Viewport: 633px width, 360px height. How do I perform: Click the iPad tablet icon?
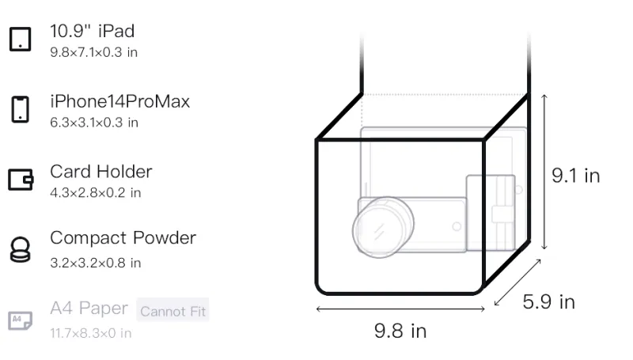(21, 39)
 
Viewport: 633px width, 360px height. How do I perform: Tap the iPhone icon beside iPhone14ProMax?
(21, 109)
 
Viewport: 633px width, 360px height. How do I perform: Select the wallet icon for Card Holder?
(21, 180)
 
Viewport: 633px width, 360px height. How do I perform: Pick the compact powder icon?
(21, 250)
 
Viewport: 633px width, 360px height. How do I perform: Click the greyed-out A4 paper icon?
(21, 320)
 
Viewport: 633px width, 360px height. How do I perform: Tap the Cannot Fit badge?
(172, 311)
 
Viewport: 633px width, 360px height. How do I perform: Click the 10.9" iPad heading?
(92, 31)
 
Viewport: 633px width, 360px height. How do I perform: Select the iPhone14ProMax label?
(120, 101)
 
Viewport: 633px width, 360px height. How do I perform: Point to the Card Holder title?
(101, 172)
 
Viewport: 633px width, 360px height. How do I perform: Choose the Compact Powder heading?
(123, 237)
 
